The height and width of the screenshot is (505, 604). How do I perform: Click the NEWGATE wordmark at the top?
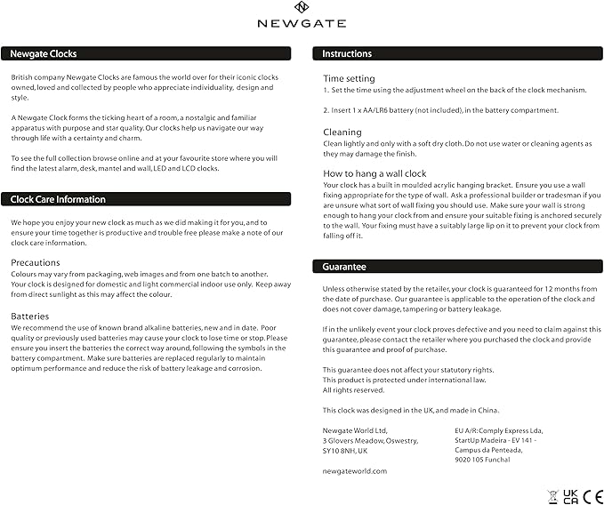[302, 23]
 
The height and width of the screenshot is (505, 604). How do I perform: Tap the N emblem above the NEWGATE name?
[302, 8]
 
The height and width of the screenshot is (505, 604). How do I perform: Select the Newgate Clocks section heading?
[44, 53]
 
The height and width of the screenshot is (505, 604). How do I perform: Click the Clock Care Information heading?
[58, 199]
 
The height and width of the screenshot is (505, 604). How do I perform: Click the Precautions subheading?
[36, 262]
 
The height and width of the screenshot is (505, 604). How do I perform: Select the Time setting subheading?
[349, 78]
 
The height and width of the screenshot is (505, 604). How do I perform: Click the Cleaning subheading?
[342, 132]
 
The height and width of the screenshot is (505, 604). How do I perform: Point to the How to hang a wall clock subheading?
[374, 173]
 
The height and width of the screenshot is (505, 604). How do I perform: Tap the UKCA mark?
[570, 494]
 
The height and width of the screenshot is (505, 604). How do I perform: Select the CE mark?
[591, 494]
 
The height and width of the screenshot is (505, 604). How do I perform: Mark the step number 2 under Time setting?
[325, 110]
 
